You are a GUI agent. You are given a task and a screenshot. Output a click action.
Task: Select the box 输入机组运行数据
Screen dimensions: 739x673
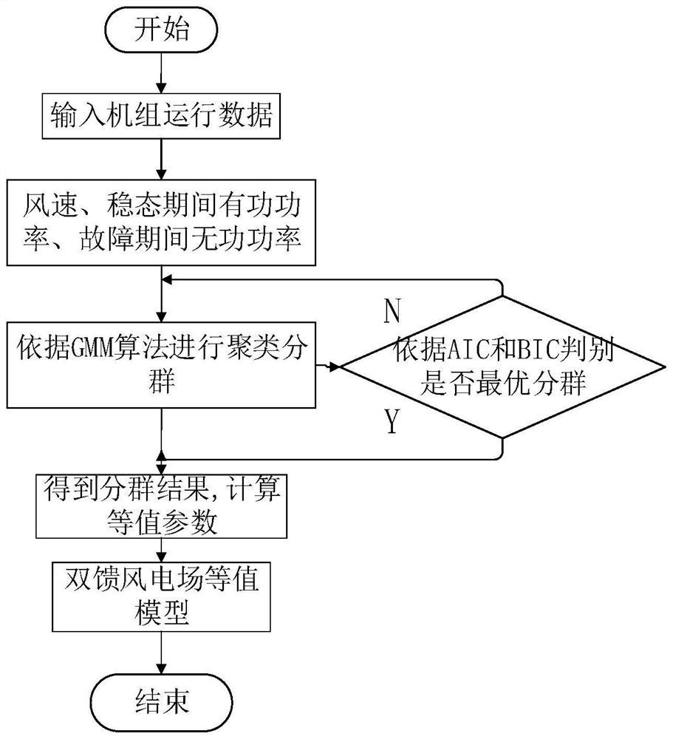click(x=161, y=117)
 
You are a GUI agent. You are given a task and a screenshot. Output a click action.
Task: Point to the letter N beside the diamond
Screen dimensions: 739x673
click(x=392, y=313)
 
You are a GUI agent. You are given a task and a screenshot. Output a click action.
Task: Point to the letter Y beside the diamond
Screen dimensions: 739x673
click(x=392, y=423)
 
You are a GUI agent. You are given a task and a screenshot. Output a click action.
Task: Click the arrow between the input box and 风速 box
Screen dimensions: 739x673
click(x=161, y=159)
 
